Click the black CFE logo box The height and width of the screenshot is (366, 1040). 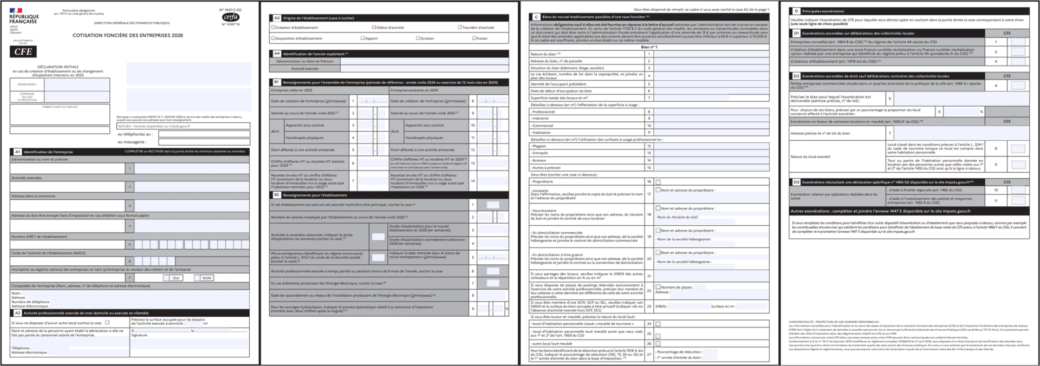click(23, 51)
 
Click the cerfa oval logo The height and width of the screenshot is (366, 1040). click(231, 17)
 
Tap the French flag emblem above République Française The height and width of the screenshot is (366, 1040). click(16, 10)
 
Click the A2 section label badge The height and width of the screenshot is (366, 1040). click(17, 313)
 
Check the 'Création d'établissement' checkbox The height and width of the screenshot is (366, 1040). click(274, 27)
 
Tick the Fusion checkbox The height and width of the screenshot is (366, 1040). click(474, 38)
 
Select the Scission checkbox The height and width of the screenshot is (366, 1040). click(418, 38)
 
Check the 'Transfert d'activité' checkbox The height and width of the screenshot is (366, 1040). click(460, 27)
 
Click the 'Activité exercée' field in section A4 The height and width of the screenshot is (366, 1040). click(424, 69)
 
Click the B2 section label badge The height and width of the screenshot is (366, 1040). click(277, 195)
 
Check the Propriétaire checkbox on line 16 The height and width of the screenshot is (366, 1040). click(658, 182)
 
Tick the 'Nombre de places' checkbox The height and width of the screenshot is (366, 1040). click(658, 287)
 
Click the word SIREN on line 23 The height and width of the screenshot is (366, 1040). click(661, 306)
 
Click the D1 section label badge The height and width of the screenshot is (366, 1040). click(796, 33)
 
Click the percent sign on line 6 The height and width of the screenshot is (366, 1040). click(981, 112)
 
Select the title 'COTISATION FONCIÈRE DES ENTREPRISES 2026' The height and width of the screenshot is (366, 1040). click(128, 35)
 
